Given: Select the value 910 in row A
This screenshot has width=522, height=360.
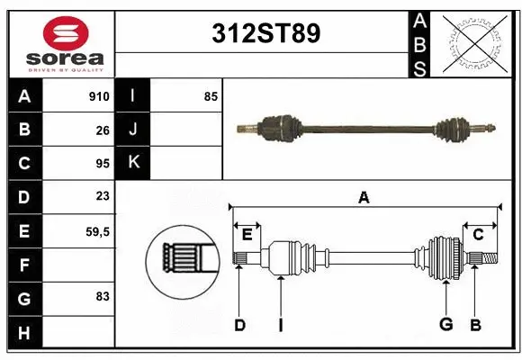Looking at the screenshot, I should tap(99, 96).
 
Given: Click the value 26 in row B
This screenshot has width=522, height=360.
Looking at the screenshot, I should tap(103, 130).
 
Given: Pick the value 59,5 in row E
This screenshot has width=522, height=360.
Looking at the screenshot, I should tap(97, 231).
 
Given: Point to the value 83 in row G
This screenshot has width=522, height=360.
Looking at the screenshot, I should tap(103, 296).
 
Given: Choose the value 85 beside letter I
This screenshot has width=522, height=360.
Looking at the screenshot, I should tap(211, 96).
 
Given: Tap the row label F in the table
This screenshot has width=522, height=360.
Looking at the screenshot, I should tap(24, 265).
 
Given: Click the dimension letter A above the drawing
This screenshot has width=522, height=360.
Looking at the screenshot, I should tap(364, 198).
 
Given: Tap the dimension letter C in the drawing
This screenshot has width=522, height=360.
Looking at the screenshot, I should tap(479, 235).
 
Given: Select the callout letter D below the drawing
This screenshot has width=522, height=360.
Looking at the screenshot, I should tap(239, 325).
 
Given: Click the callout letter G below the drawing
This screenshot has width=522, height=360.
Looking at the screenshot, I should tap(445, 325).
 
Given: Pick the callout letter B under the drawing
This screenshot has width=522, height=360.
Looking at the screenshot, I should tap(476, 325).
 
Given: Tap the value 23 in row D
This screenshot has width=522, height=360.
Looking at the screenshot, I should tap(103, 196).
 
